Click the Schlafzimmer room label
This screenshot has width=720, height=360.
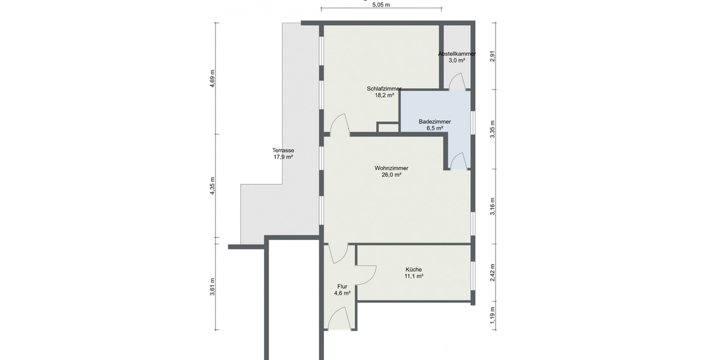tap(384, 89)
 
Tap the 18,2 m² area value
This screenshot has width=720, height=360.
tap(384, 95)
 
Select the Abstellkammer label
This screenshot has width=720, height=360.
tap(457, 53)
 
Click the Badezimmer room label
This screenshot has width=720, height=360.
tap(434, 122)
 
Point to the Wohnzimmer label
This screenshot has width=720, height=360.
tap(391, 169)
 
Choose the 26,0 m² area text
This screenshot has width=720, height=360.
tap(391, 175)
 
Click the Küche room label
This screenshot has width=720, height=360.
tap(413, 269)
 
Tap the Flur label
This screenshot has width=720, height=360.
tap(342, 287)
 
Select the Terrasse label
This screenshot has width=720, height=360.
tap(283, 151)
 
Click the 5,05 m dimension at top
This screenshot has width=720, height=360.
tap(381, 5)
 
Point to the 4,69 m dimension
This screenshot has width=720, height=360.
tap(212, 79)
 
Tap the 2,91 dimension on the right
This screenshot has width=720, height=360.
tap(492, 57)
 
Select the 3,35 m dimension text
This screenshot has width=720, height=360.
tap(492, 130)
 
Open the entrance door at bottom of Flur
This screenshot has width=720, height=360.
tap(339, 317)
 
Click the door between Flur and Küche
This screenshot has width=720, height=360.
tap(365, 274)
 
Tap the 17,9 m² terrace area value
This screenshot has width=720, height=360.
tap(283, 157)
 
